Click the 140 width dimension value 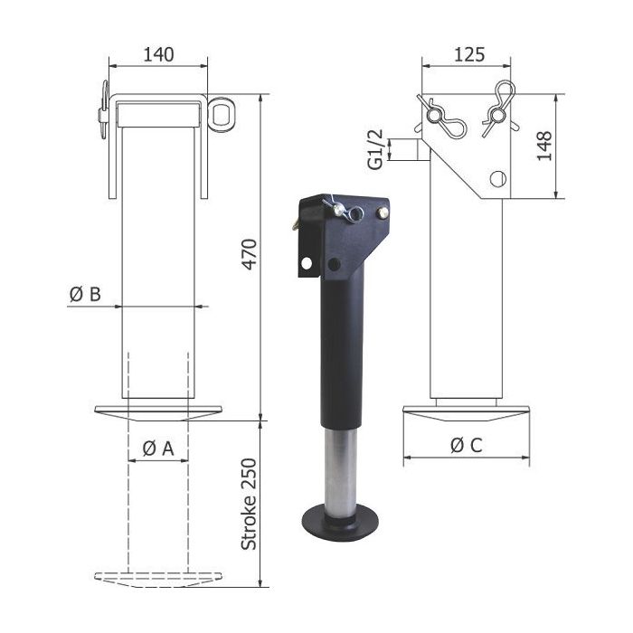pyautogui.click(x=158, y=54)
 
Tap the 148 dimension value pyautogui.click(x=543, y=145)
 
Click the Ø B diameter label pyautogui.click(x=84, y=294)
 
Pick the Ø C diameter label pyautogui.click(x=467, y=444)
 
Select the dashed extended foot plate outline pyautogui.click(x=157, y=577)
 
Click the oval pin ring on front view pyautogui.click(x=221, y=110)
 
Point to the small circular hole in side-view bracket pyautogui.click(x=496, y=178)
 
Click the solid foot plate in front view pyautogui.click(x=157, y=413)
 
